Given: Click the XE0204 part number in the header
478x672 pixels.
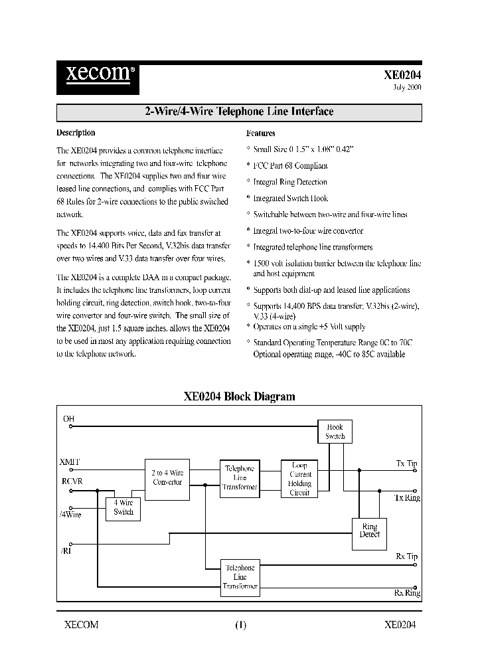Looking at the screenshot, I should tap(402, 75).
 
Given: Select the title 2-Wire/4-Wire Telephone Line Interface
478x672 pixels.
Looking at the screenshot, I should tap(239, 112).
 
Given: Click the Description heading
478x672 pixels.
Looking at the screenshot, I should tap(76, 133).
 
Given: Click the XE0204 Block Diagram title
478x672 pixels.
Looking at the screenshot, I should tap(239, 396).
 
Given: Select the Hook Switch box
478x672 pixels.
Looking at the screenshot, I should tap(335, 432).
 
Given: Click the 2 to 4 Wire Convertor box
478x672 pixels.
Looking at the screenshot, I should tap(167, 477).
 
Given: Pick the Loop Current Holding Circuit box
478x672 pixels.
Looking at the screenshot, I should tap(299, 479).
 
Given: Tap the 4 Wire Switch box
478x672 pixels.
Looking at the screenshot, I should tap(123, 508).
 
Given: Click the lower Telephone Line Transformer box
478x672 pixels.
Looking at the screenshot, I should tap(240, 577).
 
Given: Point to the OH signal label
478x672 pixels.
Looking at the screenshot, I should tap(69, 419).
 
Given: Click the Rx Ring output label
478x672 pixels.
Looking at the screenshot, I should tap(407, 593).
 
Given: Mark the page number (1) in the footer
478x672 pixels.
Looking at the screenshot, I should tap(240, 624).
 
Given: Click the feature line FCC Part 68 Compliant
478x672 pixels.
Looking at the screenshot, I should tap(290, 165).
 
